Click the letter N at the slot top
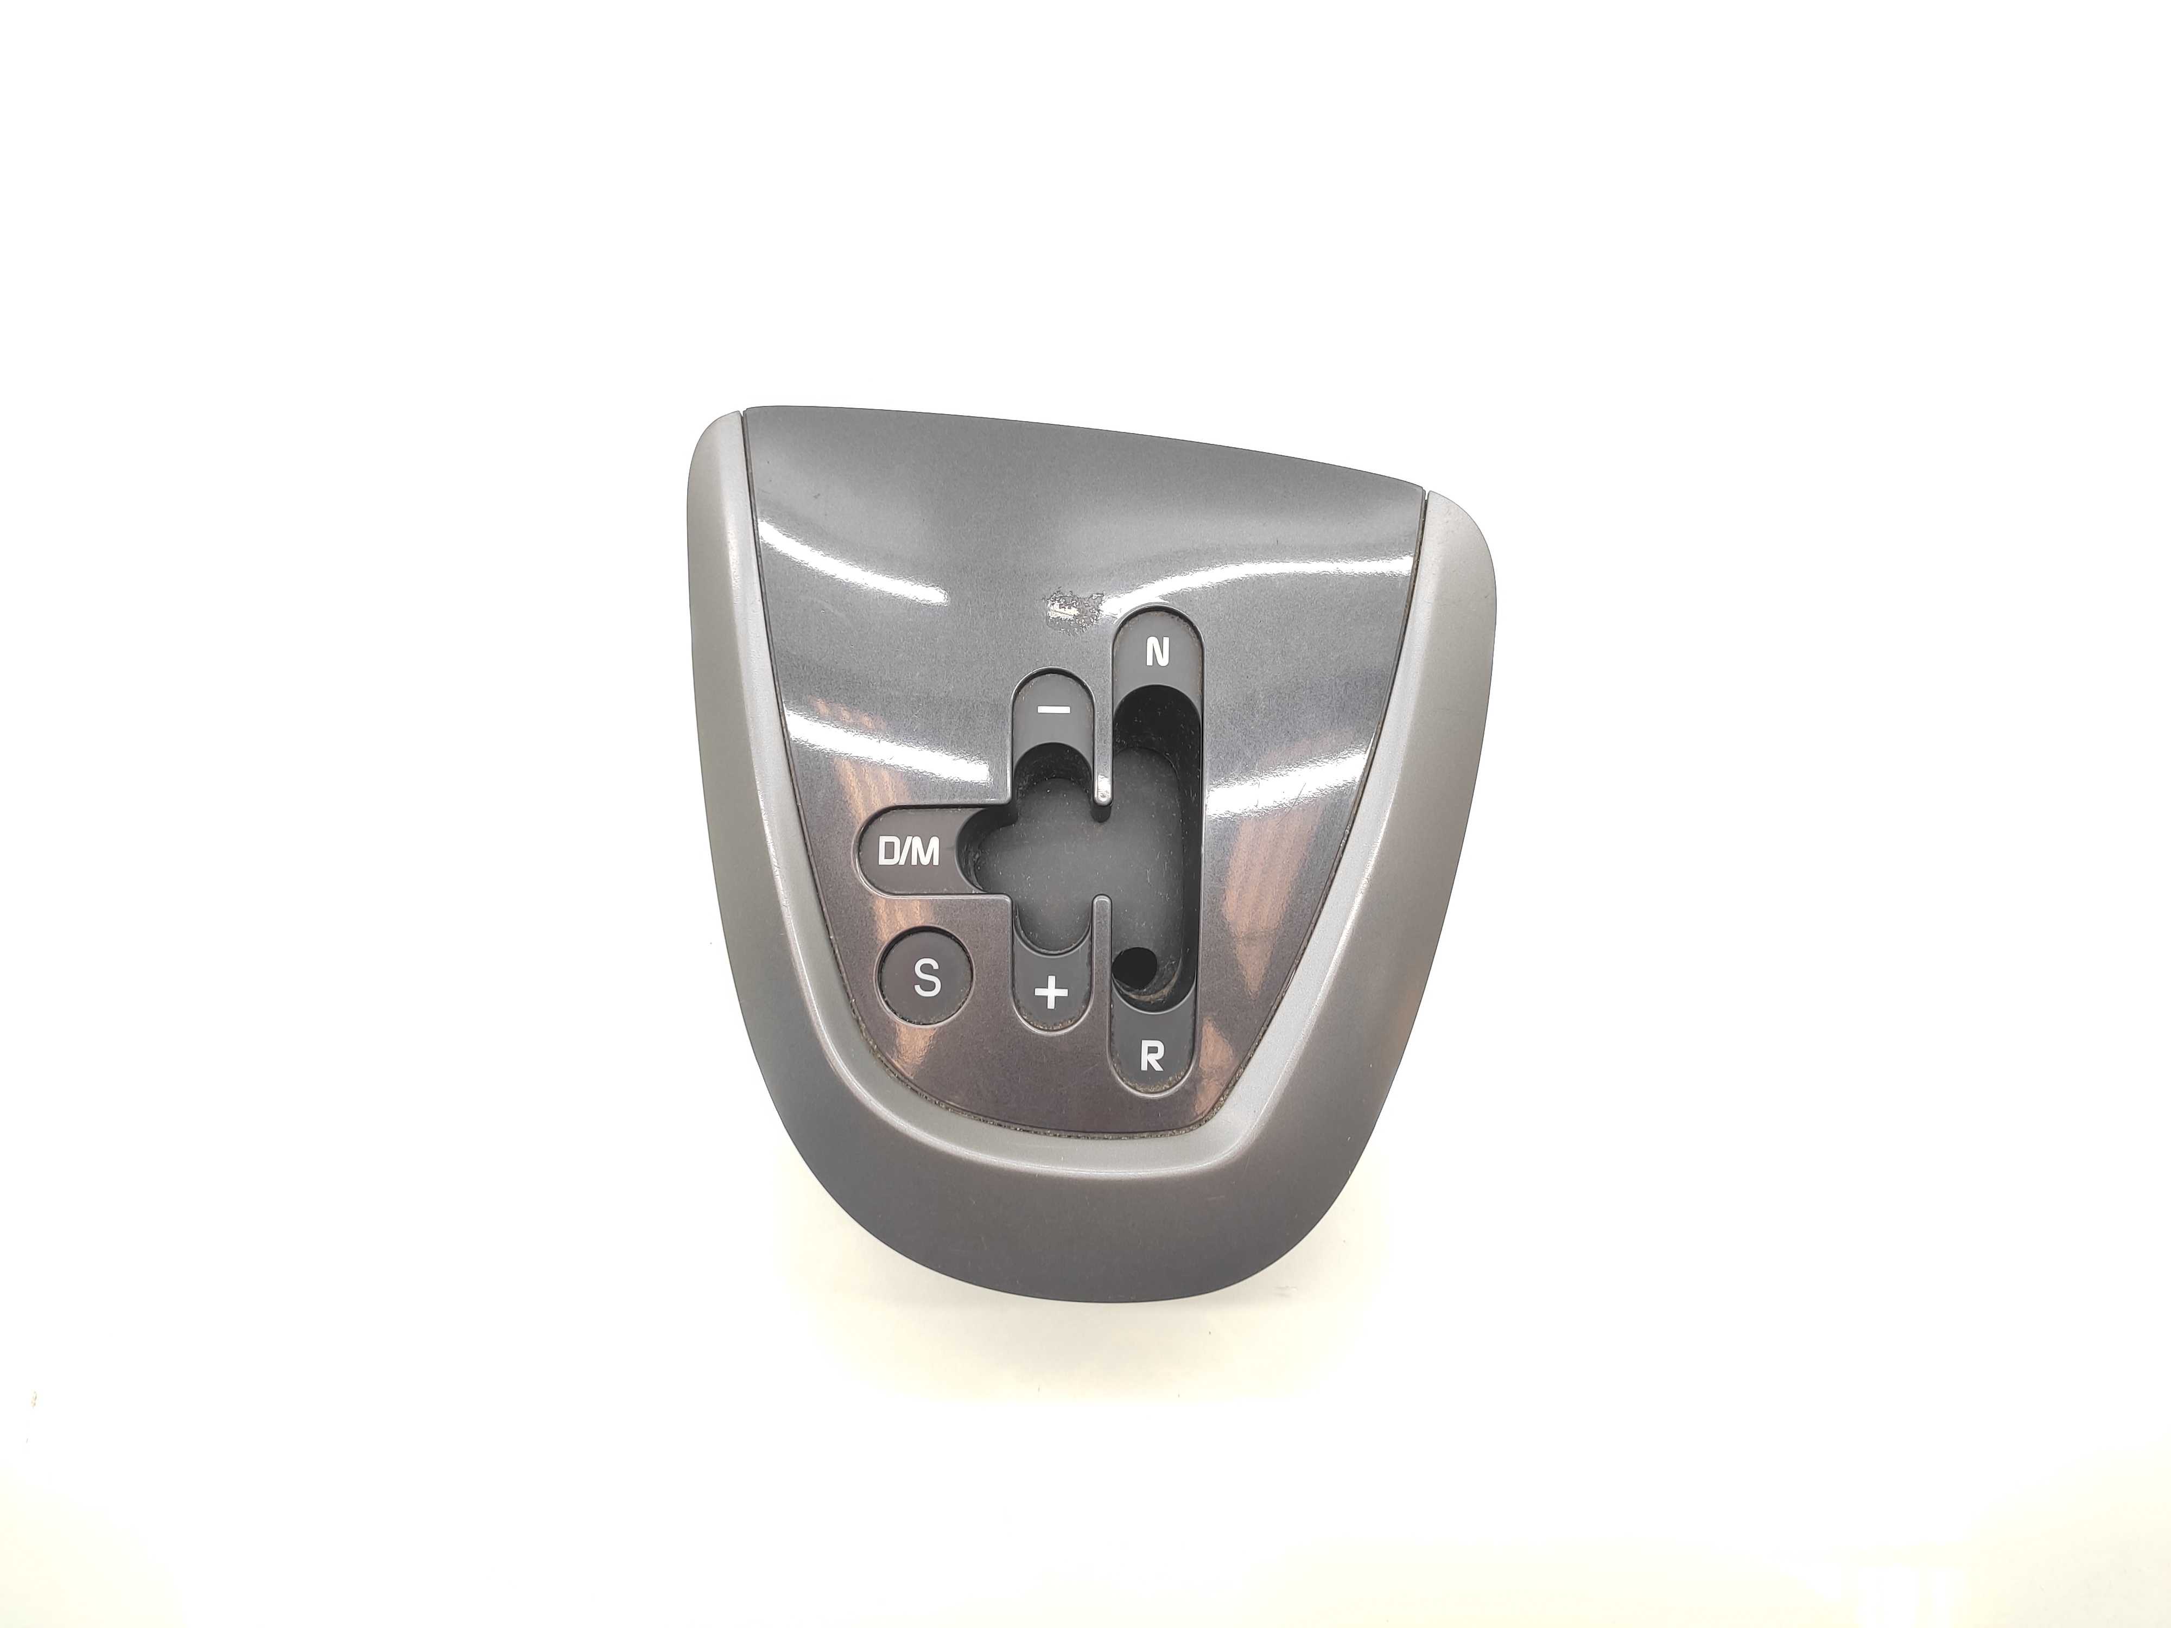point(1158,653)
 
